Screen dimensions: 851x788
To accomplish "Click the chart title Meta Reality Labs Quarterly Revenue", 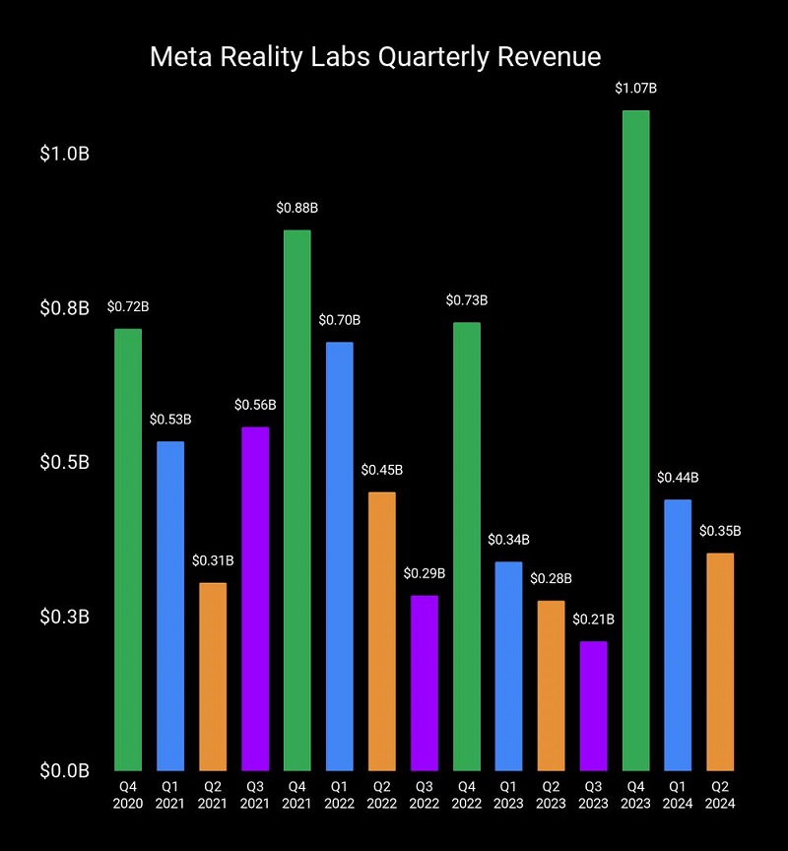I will coord(374,56).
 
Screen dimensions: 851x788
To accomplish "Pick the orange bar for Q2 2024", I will coord(721,661).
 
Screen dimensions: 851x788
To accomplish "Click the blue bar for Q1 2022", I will coord(340,556).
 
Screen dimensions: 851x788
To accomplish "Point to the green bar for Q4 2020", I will coord(128,549).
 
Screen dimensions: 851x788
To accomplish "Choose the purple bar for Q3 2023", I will coord(594,705).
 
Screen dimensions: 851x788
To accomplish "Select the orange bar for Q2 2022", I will coord(382,630).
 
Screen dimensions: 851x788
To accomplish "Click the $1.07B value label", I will coord(636,89).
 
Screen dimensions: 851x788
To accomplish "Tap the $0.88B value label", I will coord(297,208).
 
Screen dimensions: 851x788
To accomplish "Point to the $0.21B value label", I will coord(594,620).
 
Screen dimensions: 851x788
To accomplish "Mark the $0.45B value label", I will coord(382,470).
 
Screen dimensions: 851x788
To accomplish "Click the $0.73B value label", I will coord(467,300).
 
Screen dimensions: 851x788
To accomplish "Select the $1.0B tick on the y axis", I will coord(65,155).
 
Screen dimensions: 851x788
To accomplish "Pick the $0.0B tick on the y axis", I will coord(65,769).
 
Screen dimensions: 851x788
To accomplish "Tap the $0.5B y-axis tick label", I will coord(65,462).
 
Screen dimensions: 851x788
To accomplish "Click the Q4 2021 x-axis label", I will coord(297,795).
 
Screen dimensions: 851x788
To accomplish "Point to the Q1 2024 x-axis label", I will coord(679,795).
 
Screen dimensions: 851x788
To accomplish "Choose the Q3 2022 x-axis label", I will coord(425,795).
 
